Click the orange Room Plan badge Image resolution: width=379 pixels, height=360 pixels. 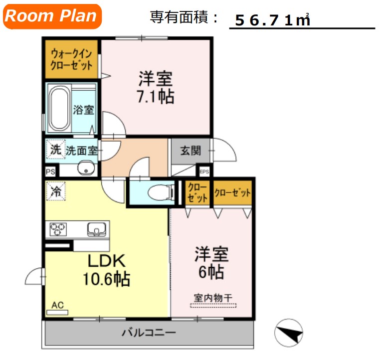click(52, 16)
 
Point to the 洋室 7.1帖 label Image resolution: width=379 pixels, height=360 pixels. click(156, 88)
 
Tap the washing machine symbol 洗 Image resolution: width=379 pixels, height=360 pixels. click(56, 149)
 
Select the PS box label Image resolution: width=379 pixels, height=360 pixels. click(50, 172)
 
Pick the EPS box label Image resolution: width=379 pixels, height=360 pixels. click(204, 172)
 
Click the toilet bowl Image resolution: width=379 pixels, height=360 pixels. click(159, 191)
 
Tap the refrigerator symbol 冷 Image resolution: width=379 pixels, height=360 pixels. click(56, 190)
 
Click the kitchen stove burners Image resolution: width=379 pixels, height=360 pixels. click(58, 230)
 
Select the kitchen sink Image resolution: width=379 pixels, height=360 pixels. click(96, 229)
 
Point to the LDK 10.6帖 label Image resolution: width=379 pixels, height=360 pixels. click(106, 270)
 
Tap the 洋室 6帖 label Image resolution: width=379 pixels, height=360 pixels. click(211, 263)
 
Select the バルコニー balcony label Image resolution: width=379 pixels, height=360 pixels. click(148, 332)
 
